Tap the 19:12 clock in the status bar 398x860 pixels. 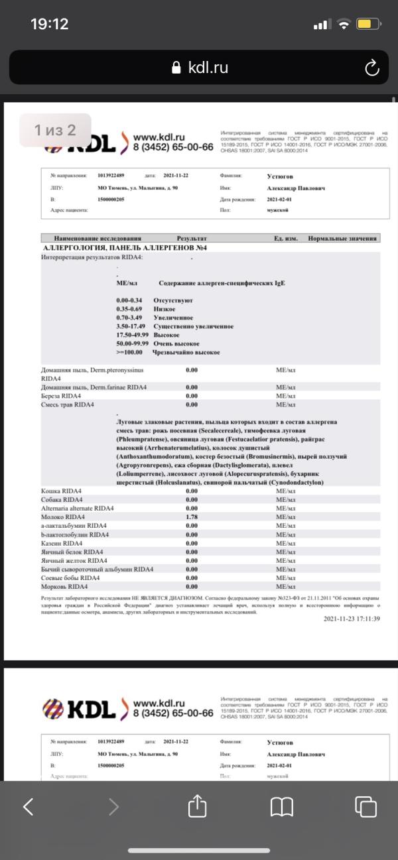point(49,24)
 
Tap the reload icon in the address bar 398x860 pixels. point(371,67)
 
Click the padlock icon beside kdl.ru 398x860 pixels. point(176,68)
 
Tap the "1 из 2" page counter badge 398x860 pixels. point(55,130)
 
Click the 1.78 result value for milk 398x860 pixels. point(192,517)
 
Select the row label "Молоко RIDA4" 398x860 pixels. point(63,517)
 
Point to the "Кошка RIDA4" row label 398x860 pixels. point(62,491)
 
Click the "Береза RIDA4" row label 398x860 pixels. point(61,396)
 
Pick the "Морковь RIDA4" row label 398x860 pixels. point(64,586)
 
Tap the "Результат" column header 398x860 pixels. point(192,239)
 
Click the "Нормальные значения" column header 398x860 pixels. point(342,239)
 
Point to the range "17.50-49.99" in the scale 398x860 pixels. point(131,336)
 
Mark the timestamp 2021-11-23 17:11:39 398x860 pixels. point(352,619)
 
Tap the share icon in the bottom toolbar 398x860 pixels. point(198,806)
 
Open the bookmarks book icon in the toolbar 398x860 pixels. point(282,806)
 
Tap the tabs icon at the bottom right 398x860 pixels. point(365,806)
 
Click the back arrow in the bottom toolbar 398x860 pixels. point(29,806)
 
